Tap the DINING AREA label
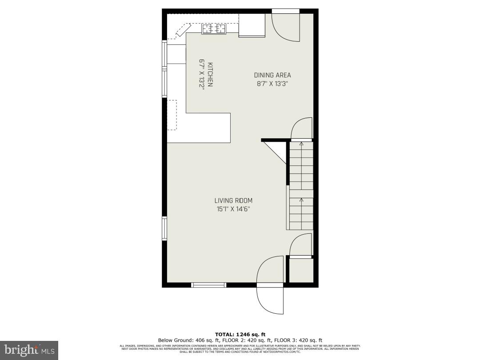(272, 75)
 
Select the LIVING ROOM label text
(233, 201)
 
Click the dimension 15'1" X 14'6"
(233, 209)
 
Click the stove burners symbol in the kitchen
(214, 29)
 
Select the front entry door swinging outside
(270, 298)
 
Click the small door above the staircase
(301, 129)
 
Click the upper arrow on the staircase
(301, 144)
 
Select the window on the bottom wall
(208, 285)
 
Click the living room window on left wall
(164, 228)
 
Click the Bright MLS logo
(29, 350)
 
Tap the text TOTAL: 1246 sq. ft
(240, 334)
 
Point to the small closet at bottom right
(301, 270)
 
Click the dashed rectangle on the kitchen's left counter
(172, 115)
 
